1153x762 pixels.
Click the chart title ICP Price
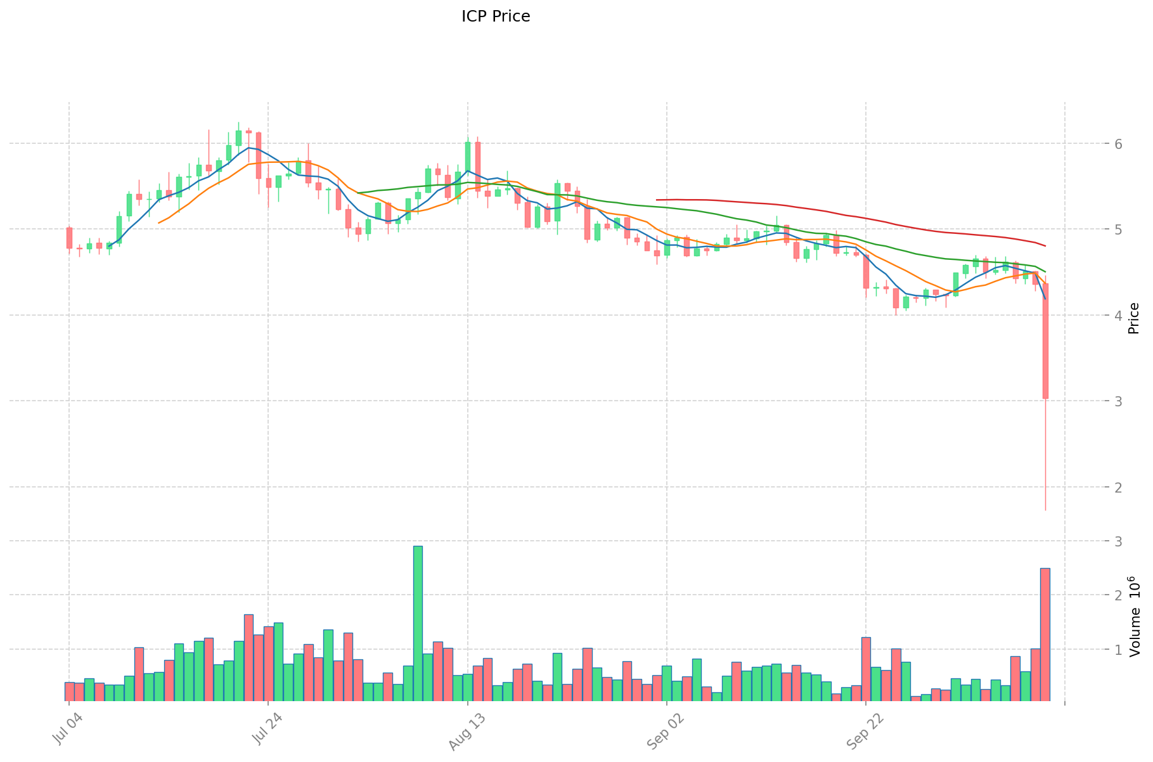(x=496, y=16)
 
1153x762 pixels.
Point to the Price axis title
(x=1134, y=318)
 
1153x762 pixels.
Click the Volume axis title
(x=1134, y=616)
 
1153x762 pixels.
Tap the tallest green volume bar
(x=418, y=623)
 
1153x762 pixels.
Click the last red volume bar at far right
(x=1045, y=634)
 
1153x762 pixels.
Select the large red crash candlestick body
(x=1045, y=340)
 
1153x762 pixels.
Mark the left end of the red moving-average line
(x=657, y=200)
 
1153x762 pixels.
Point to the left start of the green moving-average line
(x=359, y=193)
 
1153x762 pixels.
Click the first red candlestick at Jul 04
(x=69, y=238)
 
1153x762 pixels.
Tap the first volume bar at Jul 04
(x=69, y=692)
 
